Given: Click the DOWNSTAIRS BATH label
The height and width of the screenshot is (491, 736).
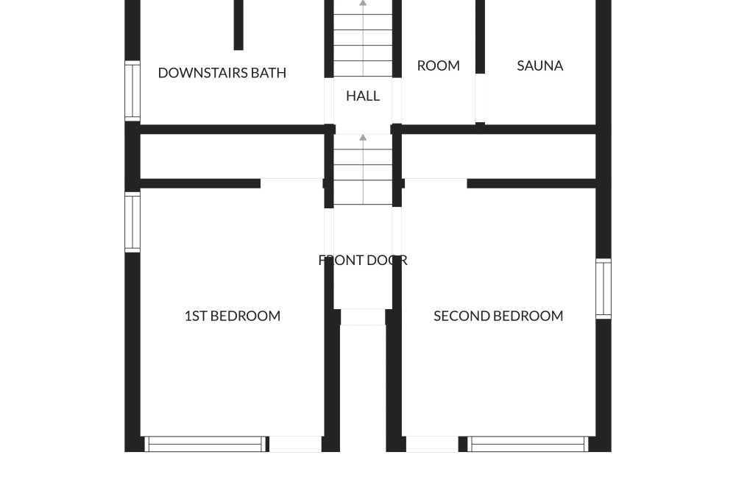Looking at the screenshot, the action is [222, 73].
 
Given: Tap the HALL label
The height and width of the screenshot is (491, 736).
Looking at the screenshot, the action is [363, 96].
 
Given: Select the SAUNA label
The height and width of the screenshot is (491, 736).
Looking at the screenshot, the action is [539, 66].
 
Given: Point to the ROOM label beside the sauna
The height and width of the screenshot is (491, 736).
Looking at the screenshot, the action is [439, 66].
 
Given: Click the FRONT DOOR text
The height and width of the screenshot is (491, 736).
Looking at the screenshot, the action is [363, 260].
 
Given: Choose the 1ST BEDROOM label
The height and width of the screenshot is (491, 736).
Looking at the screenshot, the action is [233, 316].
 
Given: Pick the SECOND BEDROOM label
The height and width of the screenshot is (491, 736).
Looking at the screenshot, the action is [498, 316].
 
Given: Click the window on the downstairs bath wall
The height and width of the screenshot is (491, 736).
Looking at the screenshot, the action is [132, 91].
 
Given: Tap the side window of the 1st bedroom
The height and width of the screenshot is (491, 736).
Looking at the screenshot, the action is [132, 222].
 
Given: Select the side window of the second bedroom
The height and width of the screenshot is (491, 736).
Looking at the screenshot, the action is [604, 289].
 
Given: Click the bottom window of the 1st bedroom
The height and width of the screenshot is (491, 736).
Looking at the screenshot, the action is [205, 444].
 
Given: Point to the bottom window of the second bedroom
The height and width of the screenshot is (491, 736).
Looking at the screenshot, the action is [528, 444].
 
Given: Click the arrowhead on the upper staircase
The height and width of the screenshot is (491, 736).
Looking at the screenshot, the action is [363, 3].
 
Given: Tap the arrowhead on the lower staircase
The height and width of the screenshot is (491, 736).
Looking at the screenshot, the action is [363, 137].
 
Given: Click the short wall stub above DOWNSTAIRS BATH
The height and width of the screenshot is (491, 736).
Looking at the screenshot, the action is [238, 25].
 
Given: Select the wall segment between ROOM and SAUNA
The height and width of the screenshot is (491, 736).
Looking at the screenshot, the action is [480, 37].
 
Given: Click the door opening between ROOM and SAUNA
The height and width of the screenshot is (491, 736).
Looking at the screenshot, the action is [480, 98].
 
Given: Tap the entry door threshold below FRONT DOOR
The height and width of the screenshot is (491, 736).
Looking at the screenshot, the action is [363, 317].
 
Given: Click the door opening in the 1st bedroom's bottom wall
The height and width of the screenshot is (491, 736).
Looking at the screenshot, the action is [295, 444].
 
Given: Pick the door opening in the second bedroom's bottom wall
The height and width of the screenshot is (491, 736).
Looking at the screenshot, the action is [432, 444].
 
